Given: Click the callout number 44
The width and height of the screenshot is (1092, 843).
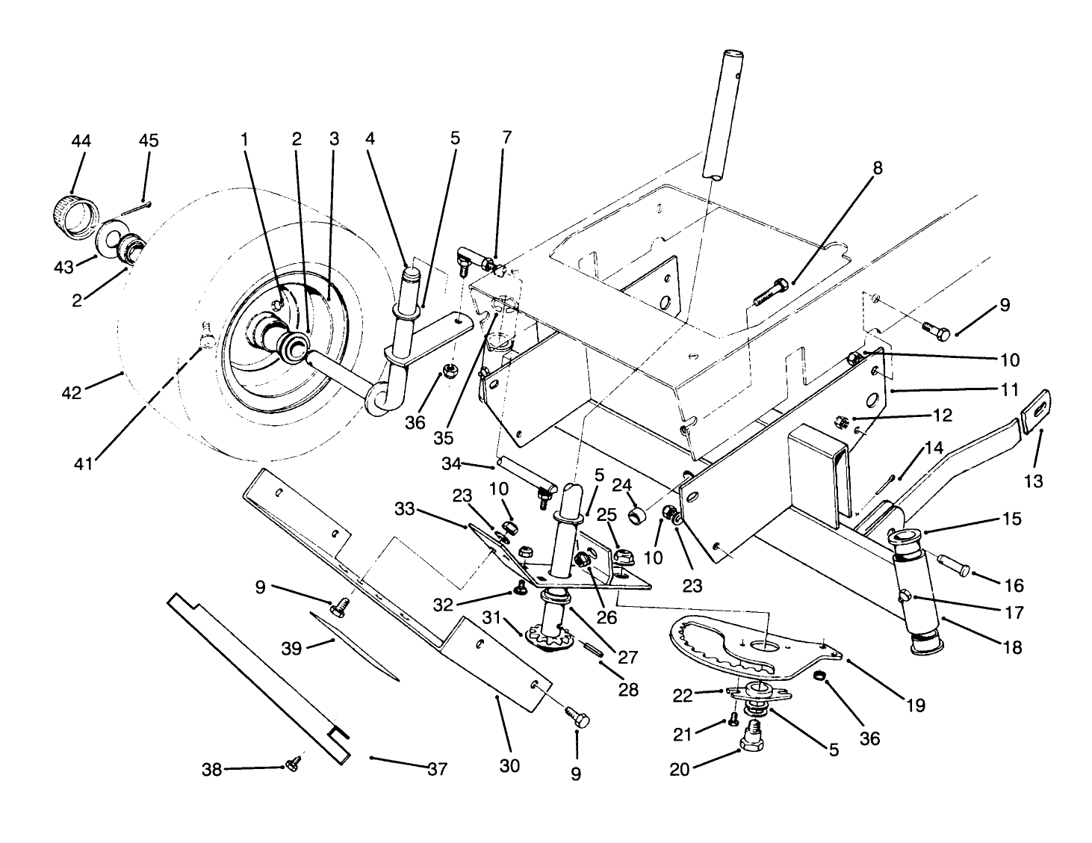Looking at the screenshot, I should pyautogui.click(x=80, y=140).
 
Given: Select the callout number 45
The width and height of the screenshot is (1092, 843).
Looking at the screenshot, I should pyautogui.click(x=149, y=140).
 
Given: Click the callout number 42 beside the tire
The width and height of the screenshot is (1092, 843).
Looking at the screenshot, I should pyautogui.click(x=72, y=392).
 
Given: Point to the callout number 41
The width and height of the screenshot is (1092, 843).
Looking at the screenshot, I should pyautogui.click(x=83, y=463).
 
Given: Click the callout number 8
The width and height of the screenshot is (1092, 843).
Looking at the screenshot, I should pyautogui.click(x=878, y=167).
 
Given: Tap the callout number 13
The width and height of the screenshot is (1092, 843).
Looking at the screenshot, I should pyautogui.click(x=1033, y=482).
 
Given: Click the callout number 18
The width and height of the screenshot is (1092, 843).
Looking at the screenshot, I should pyautogui.click(x=1012, y=646).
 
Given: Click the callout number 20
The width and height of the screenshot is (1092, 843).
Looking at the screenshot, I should pyautogui.click(x=680, y=769).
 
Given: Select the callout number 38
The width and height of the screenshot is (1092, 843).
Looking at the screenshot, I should pyautogui.click(x=212, y=769).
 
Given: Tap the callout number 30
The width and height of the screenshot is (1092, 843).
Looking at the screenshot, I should pyautogui.click(x=511, y=766).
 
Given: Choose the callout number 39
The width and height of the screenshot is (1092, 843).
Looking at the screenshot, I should pyautogui.click(x=292, y=648).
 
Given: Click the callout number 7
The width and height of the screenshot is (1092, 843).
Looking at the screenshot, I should pyautogui.click(x=507, y=138).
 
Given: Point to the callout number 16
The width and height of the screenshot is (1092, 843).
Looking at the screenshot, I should pyautogui.click(x=1014, y=585).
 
